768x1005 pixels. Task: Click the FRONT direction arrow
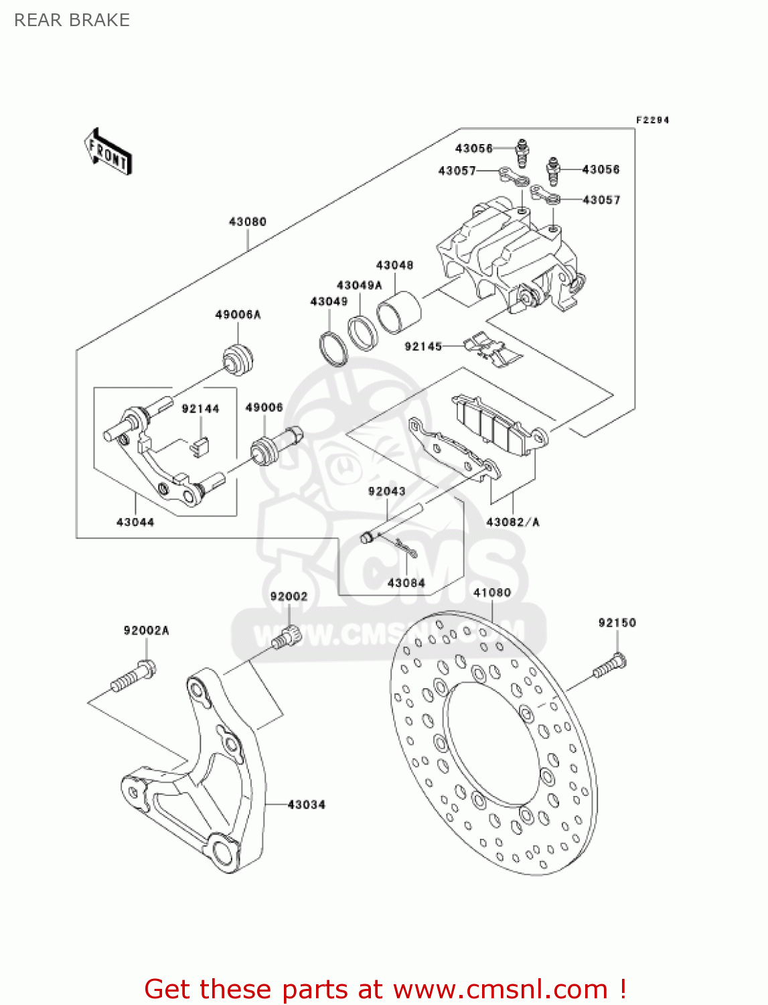click(108, 152)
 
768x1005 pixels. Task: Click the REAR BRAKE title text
click(72, 20)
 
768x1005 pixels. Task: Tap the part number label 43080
click(248, 222)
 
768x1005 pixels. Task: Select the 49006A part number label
click(238, 314)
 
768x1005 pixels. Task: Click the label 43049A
click(360, 285)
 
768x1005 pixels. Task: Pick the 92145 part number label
click(423, 346)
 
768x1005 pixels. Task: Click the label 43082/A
click(513, 522)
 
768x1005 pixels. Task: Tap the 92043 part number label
click(387, 491)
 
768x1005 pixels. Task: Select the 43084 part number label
click(406, 583)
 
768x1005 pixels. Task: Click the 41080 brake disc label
click(492, 592)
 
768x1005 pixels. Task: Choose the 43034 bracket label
click(307, 804)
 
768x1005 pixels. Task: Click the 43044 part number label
click(135, 522)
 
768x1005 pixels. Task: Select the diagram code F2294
click(652, 120)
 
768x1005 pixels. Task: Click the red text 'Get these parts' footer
click(385, 989)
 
